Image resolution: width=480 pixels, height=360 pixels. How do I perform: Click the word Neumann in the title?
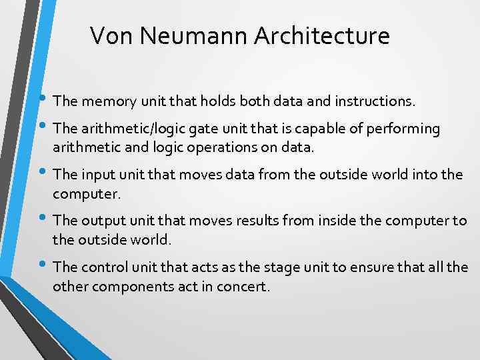181,35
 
